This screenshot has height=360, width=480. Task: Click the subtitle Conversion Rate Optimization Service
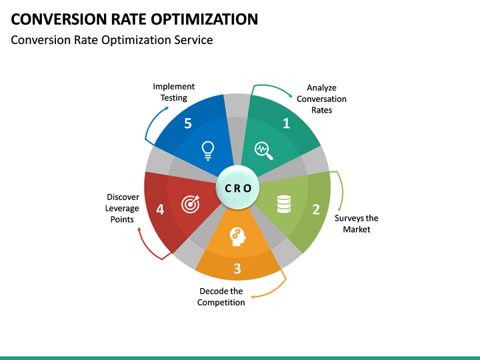[112, 40]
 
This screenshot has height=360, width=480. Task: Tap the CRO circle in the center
[237, 188]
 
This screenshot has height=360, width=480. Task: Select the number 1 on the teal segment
[287, 123]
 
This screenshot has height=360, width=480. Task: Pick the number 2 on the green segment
[316, 209]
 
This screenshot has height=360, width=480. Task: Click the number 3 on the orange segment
[237, 269]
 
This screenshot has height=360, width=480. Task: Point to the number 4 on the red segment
[160, 209]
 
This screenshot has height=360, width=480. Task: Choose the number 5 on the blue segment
[188, 123]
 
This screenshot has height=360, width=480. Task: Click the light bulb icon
[208, 151]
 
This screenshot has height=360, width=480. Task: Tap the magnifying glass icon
[265, 151]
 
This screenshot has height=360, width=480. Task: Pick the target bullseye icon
[190, 205]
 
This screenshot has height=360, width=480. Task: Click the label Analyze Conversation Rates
[321, 99]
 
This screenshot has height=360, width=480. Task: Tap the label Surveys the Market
[356, 223]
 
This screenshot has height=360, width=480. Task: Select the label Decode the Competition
[221, 297]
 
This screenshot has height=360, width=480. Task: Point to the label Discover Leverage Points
[122, 208]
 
